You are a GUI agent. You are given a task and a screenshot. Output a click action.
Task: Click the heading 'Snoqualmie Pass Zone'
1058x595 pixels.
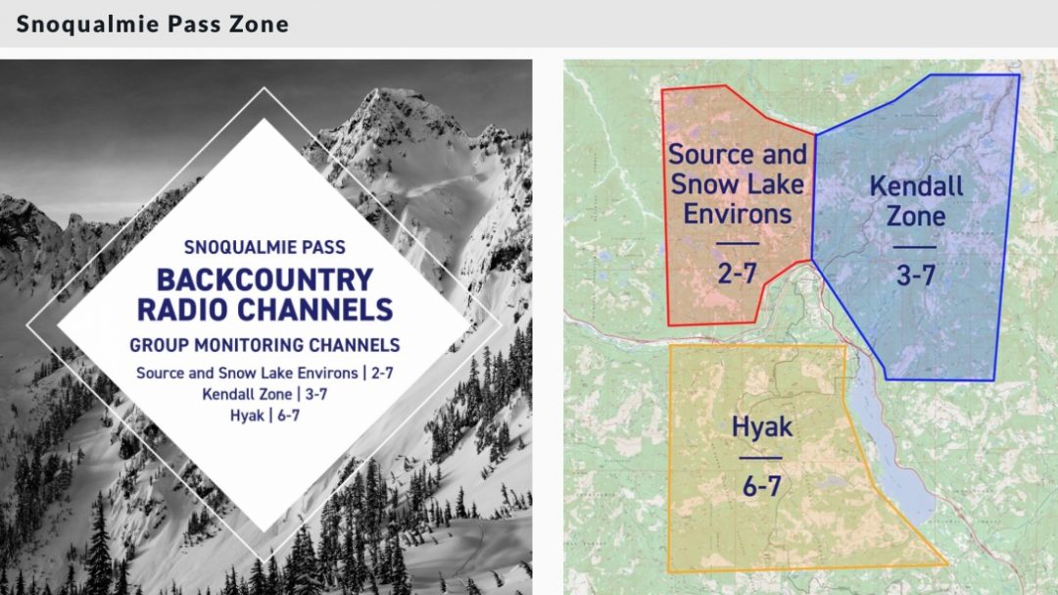tap(153, 24)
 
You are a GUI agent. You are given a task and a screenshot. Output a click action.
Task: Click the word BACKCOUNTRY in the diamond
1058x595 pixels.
tap(264, 279)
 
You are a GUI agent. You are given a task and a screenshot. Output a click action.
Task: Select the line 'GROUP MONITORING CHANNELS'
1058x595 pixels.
tap(264, 345)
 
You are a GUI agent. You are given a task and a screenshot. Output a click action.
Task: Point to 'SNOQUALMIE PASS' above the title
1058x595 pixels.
tap(264, 247)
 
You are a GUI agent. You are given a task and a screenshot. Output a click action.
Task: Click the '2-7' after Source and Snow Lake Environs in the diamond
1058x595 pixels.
tap(382, 372)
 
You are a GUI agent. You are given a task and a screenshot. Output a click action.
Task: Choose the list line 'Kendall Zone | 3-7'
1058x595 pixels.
tap(264, 394)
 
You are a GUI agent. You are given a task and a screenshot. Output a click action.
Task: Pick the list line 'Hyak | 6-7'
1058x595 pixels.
tap(264, 416)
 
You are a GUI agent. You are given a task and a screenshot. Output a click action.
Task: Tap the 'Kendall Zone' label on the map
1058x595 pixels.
tap(916, 201)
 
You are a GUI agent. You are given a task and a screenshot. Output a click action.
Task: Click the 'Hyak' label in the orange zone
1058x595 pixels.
tap(762, 426)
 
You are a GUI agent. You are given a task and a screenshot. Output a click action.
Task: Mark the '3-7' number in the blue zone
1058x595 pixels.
tap(916, 274)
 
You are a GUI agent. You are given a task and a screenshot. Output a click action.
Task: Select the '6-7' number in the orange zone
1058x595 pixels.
tap(762, 486)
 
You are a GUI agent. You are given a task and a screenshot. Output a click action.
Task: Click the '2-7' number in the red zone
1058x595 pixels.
tap(737, 273)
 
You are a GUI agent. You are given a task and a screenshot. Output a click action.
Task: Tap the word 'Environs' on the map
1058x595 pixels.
tap(738, 214)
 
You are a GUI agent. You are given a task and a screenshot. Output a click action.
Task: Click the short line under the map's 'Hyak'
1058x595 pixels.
tap(760, 458)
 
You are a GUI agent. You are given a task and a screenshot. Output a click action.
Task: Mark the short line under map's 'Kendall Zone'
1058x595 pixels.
tap(915, 247)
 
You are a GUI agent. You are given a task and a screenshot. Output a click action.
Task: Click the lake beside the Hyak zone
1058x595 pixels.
tap(890, 446)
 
